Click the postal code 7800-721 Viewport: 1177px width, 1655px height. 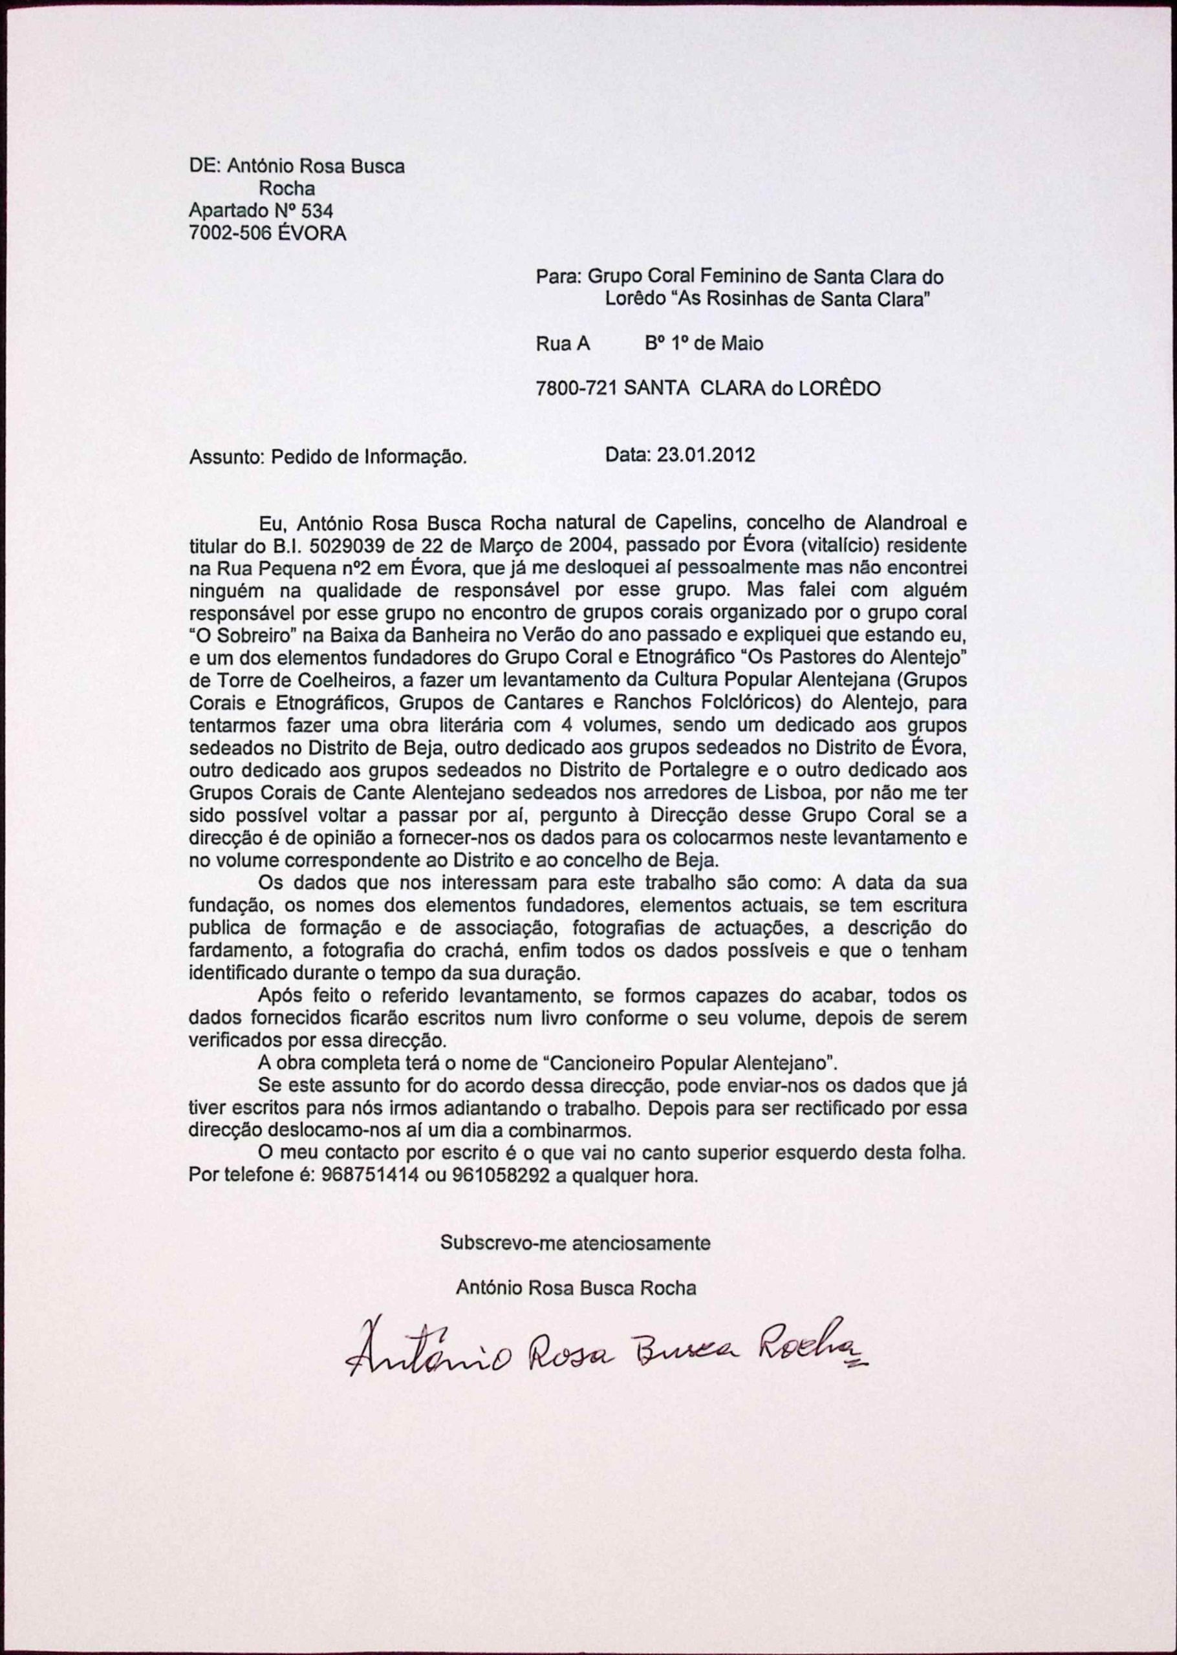click(576, 389)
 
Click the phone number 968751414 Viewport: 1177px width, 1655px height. click(372, 1175)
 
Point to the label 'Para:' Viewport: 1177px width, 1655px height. click(558, 277)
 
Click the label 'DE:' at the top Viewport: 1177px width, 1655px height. click(204, 167)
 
